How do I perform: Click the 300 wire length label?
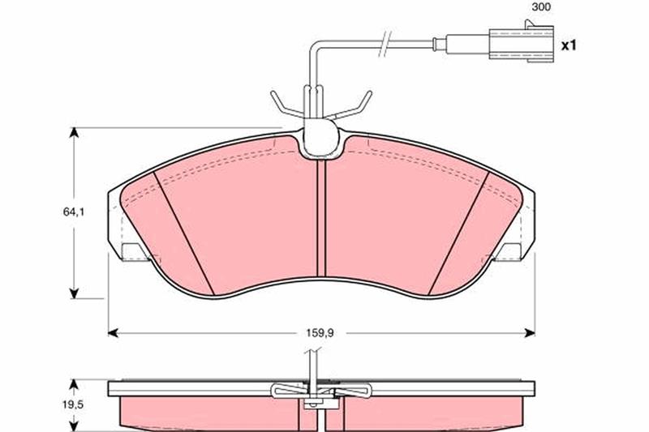click(541, 7)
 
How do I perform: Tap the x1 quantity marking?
click(569, 45)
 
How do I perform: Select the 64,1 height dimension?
click(74, 212)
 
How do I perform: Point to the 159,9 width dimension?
click(320, 332)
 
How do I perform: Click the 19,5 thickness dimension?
click(73, 404)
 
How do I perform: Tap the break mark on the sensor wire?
click(385, 43)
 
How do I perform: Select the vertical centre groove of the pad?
click(321, 218)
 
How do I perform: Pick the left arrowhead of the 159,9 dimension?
click(114, 332)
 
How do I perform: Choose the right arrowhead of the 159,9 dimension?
click(530, 332)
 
